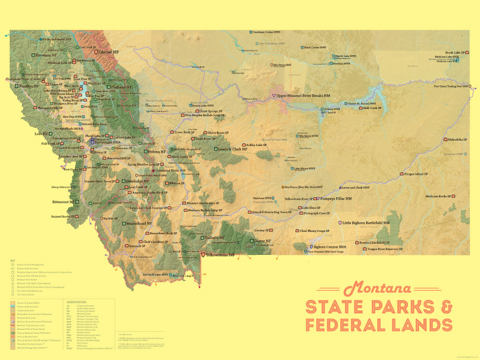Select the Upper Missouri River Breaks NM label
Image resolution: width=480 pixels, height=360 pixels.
[x=303, y=96]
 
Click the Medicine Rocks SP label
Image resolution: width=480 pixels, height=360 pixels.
[x=438, y=196]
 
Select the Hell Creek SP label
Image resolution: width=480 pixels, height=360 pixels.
[x=372, y=108]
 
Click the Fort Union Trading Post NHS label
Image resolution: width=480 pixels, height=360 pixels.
[x=450, y=86]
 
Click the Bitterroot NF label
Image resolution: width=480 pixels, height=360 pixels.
[x=63, y=202]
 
